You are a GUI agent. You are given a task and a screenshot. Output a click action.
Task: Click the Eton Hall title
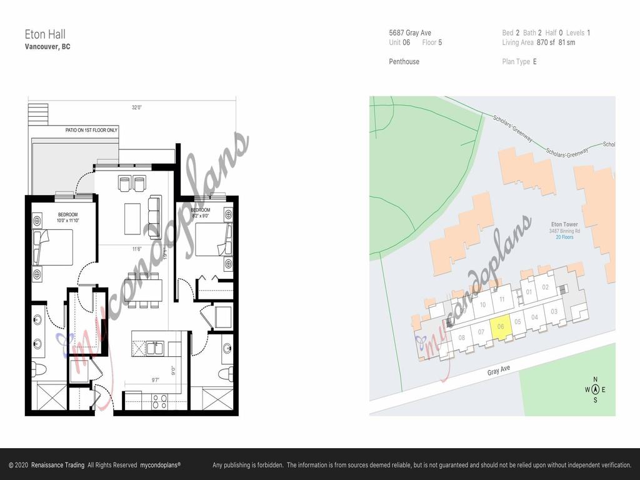pyautogui.click(x=45, y=34)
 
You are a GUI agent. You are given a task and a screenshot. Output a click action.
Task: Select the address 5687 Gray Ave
pyautogui.click(x=410, y=33)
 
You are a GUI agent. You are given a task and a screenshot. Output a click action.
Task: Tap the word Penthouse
pyautogui.click(x=404, y=62)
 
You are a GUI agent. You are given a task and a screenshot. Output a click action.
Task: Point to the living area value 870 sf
pyautogui.click(x=546, y=42)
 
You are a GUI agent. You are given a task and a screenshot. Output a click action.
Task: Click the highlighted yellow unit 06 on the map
pyautogui.click(x=501, y=326)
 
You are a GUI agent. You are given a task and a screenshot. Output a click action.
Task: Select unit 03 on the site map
pyautogui.click(x=554, y=311)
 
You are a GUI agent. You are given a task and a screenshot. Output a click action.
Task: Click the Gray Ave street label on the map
pyautogui.click(x=499, y=370)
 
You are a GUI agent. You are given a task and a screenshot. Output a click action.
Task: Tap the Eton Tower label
pyautogui.click(x=564, y=224)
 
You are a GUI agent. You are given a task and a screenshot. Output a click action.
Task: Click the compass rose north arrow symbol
pyautogui.click(x=595, y=390)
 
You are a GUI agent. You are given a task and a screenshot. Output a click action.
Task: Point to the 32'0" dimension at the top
pyautogui.click(x=136, y=107)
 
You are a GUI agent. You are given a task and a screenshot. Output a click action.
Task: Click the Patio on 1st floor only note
pyautogui.click(x=91, y=130)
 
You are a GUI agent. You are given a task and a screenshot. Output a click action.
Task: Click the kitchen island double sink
pyautogui.click(x=154, y=348)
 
